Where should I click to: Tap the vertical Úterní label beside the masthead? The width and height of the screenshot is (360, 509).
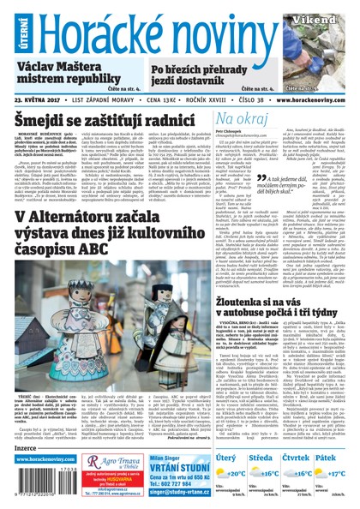click(7, 29)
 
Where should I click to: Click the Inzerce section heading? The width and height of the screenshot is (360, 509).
click(26, 447)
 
